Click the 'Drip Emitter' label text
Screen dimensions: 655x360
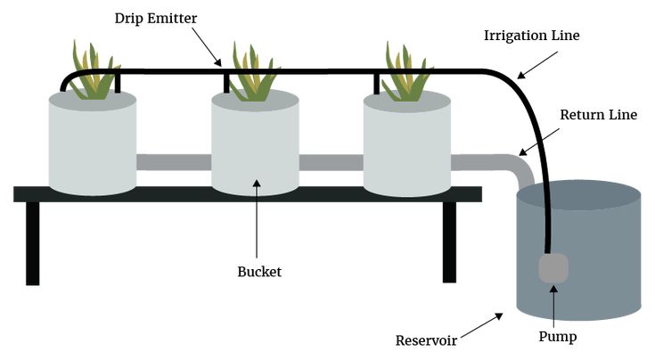pyautogui.click(x=156, y=19)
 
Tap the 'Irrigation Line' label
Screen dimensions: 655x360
pyautogui.click(x=532, y=36)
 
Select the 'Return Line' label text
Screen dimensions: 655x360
pyautogui.click(x=599, y=115)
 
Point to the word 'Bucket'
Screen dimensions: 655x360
pyautogui.click(x=259, y=272)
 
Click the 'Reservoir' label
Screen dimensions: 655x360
pyautogui.click(x=426, y=340)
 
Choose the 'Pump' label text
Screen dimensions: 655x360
pyautogui.click(x=558, y=337)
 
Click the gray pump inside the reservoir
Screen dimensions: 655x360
pyautogui.click(x=553, y=267)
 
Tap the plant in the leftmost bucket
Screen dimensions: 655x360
pyautogui.click(x=94, y=72)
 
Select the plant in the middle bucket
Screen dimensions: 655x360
pyautogui.click(x=254, y=74)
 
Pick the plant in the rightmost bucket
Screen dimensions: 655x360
pyautogui.click(x=406, y=74)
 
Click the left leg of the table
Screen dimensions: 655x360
pyautogui.click(x=33, y=243)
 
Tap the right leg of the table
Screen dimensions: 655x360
pyautogui.click(x=449, y=242)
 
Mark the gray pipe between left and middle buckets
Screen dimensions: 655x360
pyautogui.click(x=174, y=162)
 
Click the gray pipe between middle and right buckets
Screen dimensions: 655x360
pyautogui.click(x=331, y=162)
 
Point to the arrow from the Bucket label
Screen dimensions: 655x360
pyautogui.click(x=257, y=218)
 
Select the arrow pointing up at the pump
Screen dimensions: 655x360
pyautogui.click(x=554, y=307)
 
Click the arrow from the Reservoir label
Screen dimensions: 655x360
pyautogui.click(x=482, y=324)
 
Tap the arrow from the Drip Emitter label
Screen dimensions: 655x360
pyautogui.click(x=207, y=46)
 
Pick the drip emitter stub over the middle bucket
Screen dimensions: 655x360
pyautogui.click(x=226, y=84)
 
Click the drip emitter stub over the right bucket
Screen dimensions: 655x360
pyautogui.click(x=376, y=84)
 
